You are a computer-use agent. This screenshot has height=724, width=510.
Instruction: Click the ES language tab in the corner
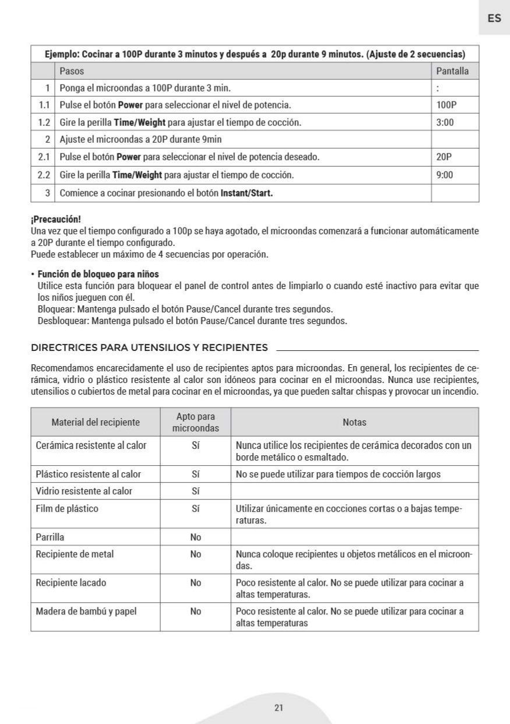click(x=494, y=18)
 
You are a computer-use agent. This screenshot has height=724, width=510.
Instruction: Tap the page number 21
click(x=279, y=708)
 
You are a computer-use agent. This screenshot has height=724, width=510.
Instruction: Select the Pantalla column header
click(x=453, y=71)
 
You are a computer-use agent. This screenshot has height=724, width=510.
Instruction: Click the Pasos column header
click(x=72, y=71)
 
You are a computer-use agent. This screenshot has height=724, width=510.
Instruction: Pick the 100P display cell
click(x=446, y=105)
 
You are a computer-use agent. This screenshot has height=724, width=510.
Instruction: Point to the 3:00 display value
click(x=445, y=123)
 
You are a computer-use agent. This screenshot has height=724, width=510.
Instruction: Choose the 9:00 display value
click(x=445, y=175)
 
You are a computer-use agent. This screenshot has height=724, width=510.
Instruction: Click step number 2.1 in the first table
click(x=44, y=157)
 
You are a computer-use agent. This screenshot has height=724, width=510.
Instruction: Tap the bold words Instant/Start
click(x=247, y=192)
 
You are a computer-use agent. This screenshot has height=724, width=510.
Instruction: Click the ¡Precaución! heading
click(x=55, y=220)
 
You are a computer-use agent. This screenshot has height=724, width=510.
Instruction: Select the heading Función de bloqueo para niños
click(x=98, y=274)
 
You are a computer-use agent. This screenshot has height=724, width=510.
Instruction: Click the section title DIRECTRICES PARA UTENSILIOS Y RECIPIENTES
click(x=149, y=348)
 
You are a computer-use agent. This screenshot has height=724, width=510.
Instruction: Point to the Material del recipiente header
click(x=96, y=422)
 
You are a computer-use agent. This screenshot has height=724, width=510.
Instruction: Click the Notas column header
click(x=354, y=422)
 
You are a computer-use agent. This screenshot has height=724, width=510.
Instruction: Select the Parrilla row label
click(x=50, y=537)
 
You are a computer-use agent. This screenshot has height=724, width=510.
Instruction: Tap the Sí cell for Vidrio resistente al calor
click(x=196, y=491)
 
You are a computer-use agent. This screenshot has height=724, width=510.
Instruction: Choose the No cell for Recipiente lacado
click(x=195, y=582)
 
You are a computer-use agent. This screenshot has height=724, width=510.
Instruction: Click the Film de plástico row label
click(x=67, y=508)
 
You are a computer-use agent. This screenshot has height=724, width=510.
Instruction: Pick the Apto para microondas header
click(x=196, y=422)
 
